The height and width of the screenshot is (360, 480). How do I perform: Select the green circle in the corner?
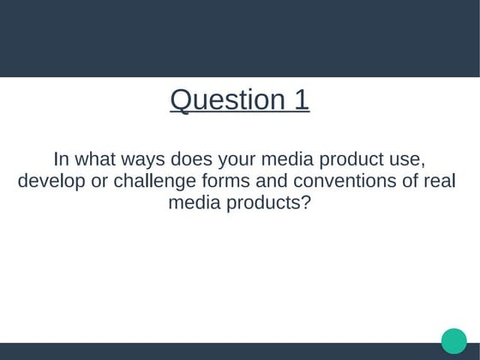(x=454, y=340)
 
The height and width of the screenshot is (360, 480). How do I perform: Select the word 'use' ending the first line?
(x=409, y=160)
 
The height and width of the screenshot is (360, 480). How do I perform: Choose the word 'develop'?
(x=51, y=183)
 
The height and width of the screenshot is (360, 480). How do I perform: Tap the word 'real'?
(x=437, y=183)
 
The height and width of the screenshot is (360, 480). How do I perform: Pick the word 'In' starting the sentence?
(x=61, y=160)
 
